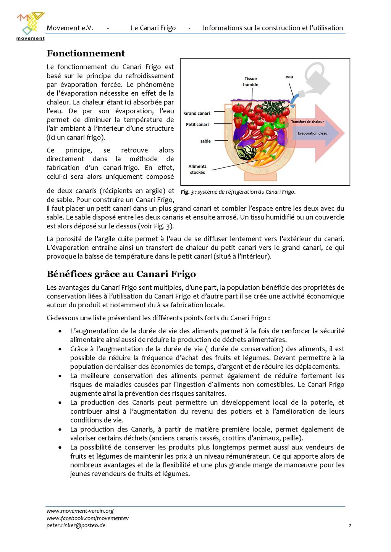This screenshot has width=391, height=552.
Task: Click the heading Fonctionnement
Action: [86, 53]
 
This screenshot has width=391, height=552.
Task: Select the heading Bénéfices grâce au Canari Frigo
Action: [121, 274]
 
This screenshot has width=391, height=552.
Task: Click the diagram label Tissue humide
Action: [250, 82]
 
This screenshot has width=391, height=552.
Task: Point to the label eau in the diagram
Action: [289, 77]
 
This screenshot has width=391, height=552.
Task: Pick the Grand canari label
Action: [197, 113]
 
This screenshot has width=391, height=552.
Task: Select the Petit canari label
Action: [197, 124]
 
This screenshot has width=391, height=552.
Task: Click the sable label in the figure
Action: [205, 141]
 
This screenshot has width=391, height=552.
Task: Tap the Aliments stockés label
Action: [197, 169]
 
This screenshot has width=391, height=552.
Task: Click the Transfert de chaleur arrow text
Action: [307, 122]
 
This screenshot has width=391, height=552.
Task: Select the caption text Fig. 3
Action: [189, 192]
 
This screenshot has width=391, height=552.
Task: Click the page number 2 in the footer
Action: [350, 526]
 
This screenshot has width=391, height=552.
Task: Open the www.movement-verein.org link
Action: [80, 511]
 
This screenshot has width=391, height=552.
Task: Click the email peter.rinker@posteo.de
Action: [76, 525]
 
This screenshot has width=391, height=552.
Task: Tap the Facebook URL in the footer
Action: [87, 518]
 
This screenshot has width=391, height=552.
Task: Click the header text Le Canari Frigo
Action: [153, 28]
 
